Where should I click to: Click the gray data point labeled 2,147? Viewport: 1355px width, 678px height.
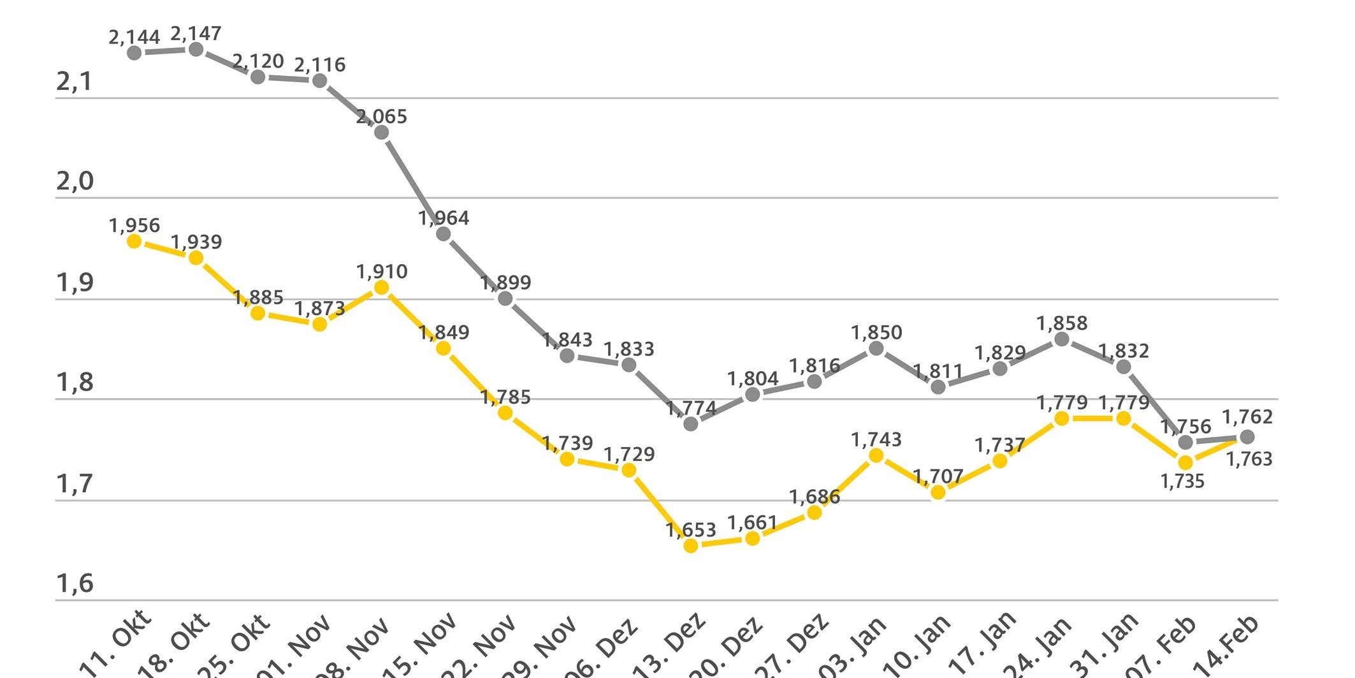coord(196,49)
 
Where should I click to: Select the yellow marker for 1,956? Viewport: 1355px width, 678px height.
coord(134,241)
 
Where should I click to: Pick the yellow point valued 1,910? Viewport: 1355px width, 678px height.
coord(381,288)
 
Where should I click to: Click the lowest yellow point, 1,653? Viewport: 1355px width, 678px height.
coord(690,545)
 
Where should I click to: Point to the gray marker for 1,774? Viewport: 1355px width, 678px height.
coord(690,424)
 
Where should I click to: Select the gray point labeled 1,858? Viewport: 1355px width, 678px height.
coord(1062,339)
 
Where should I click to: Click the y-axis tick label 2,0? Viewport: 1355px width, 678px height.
coord(75,182)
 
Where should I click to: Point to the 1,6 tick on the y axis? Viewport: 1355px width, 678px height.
coord(75,584)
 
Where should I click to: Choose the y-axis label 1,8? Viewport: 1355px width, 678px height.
coord(75,383)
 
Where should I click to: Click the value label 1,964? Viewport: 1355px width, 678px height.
coord(444,218)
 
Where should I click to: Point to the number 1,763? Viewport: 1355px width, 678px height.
coord(1249,459)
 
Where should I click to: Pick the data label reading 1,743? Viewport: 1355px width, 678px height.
coord(876,439)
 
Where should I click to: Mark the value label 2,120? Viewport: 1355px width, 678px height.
coord(258,61)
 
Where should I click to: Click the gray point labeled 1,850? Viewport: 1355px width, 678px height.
coord(876,348)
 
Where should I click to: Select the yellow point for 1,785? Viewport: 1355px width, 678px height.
coord(505,413)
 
